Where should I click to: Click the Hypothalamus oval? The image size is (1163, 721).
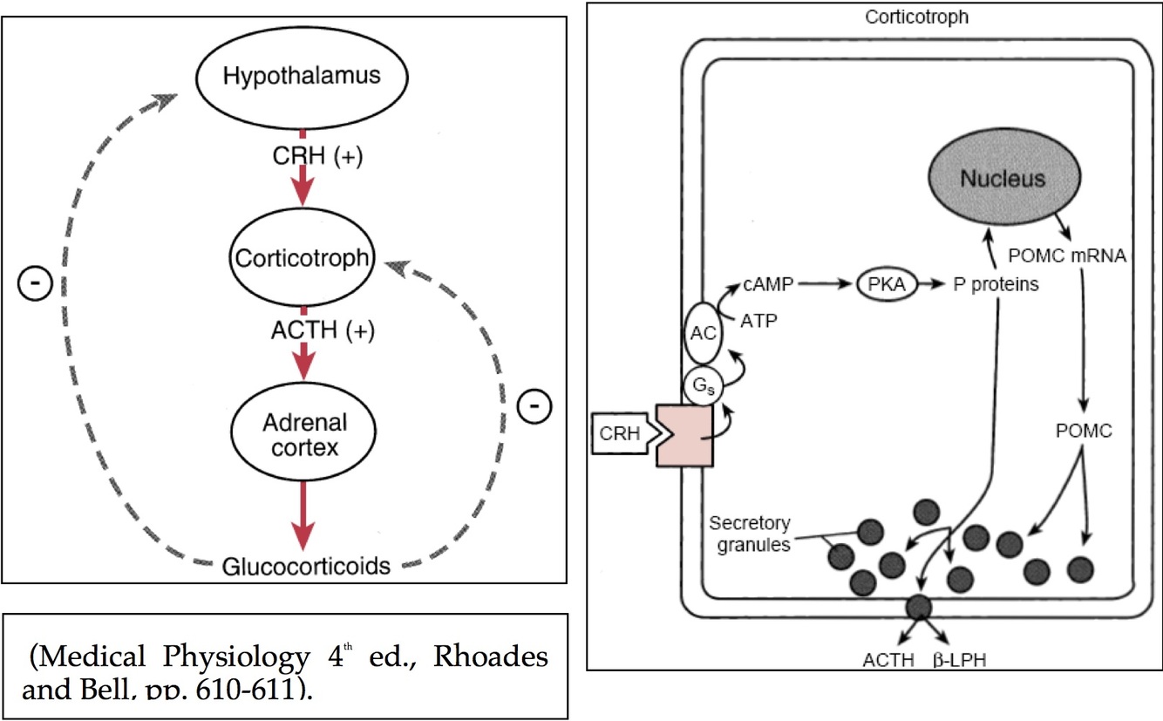coord(302,76)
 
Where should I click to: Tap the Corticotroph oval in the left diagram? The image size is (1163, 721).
coord(302,259)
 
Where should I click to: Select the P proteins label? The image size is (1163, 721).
coord(996,284)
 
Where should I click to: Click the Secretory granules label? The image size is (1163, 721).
coord(748,534)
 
